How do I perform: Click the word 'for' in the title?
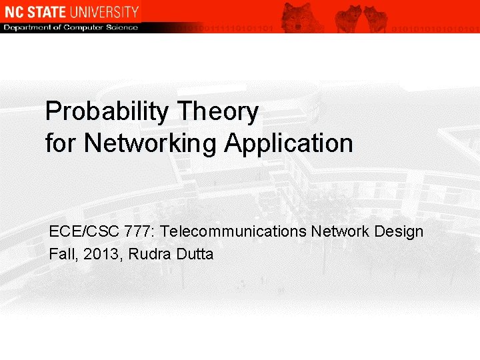tap(61, 143)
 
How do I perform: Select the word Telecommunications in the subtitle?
tap(234, 232)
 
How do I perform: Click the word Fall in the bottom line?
tap(62, 254)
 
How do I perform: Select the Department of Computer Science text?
tap(71, 27)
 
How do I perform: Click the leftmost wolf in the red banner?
tap(297, 16)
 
